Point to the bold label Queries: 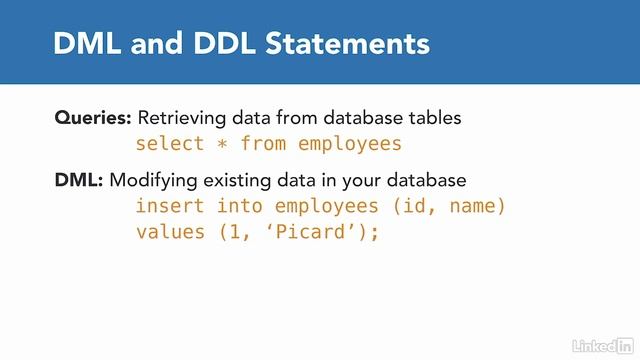[x=92, y=118]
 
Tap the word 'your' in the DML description [x=356, y=181]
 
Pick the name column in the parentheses [x=475, y=206]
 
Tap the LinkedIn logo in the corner [x=602, y=344]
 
